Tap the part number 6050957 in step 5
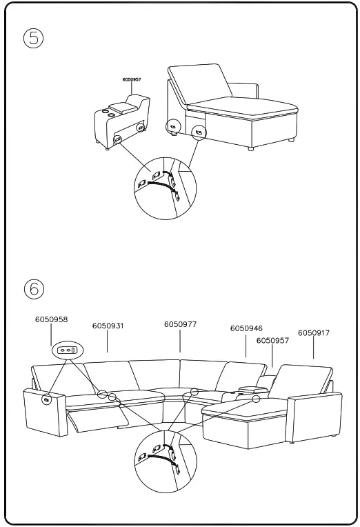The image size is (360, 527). (132, 80)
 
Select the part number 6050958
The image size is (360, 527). (51, 320)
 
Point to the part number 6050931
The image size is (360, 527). (108, 326)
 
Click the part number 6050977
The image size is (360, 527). (180, 324)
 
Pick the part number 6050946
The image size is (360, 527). (246, 329)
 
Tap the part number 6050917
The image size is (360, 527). (314, 333)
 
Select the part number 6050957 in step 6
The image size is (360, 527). (272, 341)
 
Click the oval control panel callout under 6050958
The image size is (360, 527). (67, 350)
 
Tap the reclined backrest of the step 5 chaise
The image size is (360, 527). (199, 83)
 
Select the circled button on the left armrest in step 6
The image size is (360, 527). (47, 399)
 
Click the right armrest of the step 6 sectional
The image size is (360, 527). (315, 414)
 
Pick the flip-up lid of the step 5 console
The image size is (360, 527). (125, 106)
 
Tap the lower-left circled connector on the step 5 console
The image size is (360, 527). (117, 140)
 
